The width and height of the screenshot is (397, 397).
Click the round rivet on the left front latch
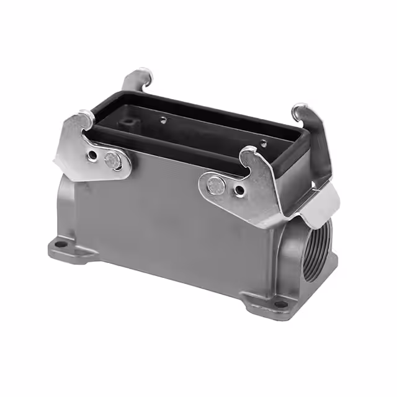112,160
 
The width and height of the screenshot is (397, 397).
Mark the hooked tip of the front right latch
249,152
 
